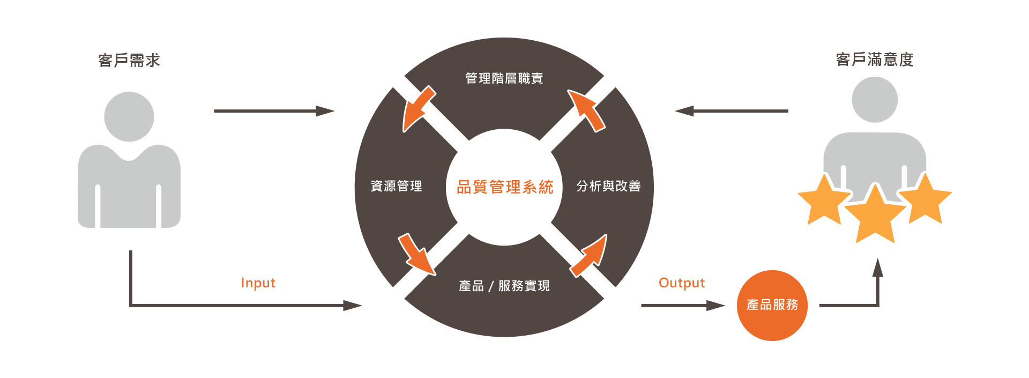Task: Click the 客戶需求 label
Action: coord(129,60)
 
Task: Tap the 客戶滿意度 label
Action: coord(875,59)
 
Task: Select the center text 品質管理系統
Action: coord(504,187)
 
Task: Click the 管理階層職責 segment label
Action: coord(504,78)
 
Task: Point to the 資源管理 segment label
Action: coord(396,186)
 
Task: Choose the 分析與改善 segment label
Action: coord(608,186)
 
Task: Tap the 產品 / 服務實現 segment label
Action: coord(504,286)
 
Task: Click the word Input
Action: coord(258,283)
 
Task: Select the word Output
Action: coord(682,283)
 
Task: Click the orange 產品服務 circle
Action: coord(772,305)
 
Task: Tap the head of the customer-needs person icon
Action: coord(129,116)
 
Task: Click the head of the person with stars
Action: coord(875,100)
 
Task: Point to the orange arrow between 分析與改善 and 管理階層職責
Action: coord(587,109)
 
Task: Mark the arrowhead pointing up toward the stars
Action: coord(877,267)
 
